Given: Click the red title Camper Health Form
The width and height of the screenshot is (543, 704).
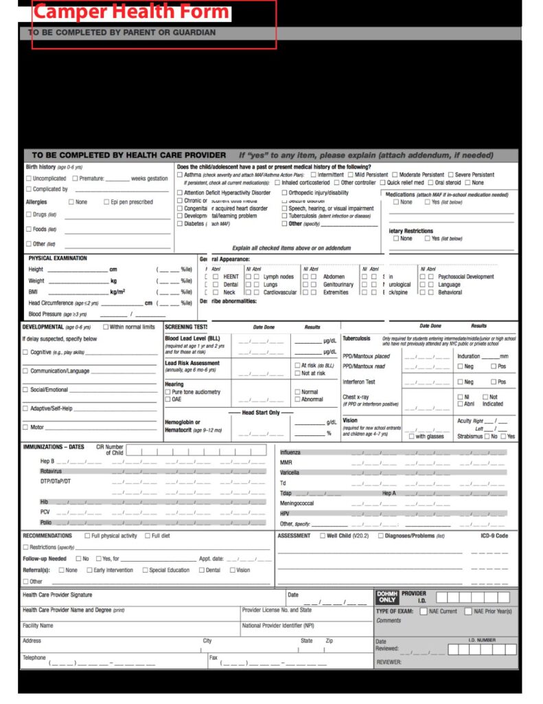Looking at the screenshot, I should coord(132,12).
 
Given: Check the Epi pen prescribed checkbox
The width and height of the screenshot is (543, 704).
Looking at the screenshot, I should coord(106,202).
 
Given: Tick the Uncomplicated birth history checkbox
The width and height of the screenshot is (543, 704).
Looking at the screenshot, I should coord(29,178).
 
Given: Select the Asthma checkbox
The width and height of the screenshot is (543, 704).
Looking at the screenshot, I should coord(180,175).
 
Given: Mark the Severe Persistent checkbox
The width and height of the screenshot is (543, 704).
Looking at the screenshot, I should coord(450,175).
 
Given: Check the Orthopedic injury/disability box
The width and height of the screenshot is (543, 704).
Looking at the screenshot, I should coord(284,193).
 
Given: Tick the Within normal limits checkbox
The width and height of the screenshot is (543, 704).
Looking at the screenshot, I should coord(106,327).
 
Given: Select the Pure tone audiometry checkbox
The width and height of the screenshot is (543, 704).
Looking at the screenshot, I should coord(167,392).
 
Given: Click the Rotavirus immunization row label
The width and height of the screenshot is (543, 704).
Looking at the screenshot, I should coord(51,472).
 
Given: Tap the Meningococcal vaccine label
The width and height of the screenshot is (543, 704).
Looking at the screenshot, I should coord(297,503).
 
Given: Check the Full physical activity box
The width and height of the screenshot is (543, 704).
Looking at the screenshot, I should coord(87,536).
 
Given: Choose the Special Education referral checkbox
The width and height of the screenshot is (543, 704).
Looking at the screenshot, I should coord(145,570).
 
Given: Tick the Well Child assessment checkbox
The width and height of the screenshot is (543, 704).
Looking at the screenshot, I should coord(322,536).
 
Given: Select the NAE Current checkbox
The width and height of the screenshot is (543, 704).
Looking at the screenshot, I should coord(424,611).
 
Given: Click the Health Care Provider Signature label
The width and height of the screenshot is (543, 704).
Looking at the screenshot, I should coord(57,595).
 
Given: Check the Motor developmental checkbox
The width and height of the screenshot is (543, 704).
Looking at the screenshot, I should coord(25,427).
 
